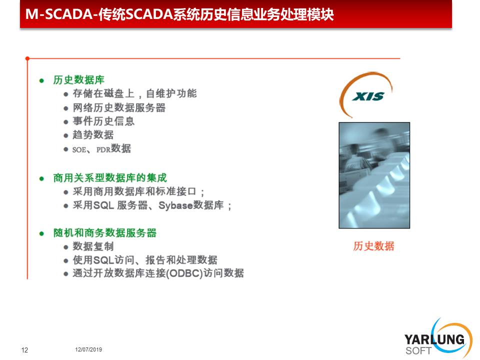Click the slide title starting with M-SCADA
(179, 14)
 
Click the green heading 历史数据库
(78, 80)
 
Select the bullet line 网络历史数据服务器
(119, 108)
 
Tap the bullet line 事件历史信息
(103, 121)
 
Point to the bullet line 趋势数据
(93, 134)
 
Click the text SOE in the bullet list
(79, 149)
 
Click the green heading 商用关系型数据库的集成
(110, 178)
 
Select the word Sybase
(175, 205)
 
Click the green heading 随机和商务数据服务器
(104, 233)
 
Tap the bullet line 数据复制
(93, 246)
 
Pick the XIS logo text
(368, 96)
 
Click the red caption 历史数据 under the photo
(373, 246)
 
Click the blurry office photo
(374, 175)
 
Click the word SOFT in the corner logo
(418, 351)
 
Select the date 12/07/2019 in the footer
(88, 349)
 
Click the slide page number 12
(24, 350)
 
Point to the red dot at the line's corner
(27, 58)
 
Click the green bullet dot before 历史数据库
(41, 81)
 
